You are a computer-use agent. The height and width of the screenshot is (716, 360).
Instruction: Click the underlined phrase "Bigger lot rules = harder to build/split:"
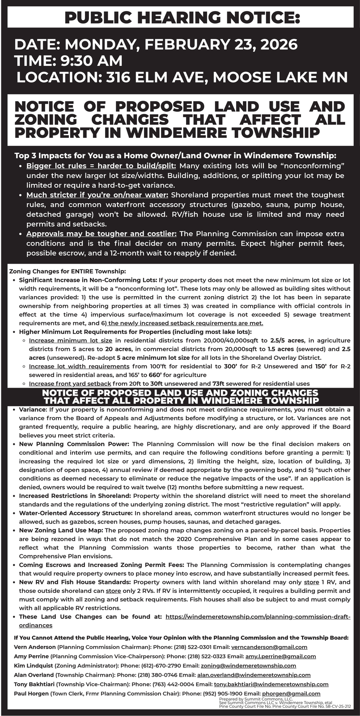click(x=101, y=166)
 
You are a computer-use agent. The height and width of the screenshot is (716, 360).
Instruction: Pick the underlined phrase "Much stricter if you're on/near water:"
click(x=97, y=195)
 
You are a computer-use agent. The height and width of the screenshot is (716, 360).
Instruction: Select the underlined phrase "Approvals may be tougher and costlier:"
click(x=102, y=234)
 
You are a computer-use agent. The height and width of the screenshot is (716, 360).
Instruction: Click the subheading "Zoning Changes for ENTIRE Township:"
click(x=68, y=271)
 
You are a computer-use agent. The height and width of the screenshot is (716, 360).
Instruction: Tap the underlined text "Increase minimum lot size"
click(x=70, y=341)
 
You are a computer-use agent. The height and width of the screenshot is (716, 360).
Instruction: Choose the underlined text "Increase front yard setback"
click(x=70, y=384)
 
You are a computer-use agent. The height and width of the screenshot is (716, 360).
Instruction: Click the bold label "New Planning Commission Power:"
click(x=74, y=444)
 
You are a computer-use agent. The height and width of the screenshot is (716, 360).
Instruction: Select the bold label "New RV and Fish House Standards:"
click(x=75, y=582)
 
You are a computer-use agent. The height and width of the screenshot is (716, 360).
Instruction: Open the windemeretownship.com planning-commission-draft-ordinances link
click(x=258, y=617)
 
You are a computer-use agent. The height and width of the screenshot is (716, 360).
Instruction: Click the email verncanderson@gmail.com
click(x=269, y=647)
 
